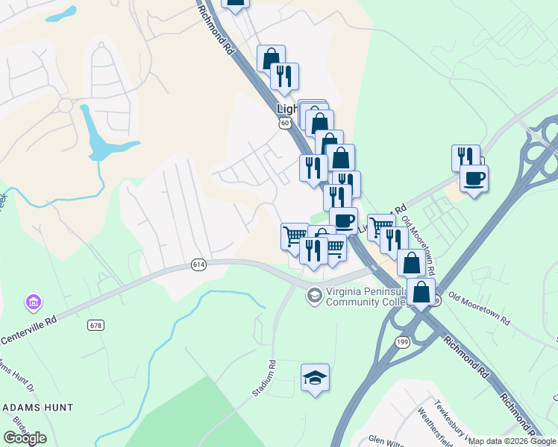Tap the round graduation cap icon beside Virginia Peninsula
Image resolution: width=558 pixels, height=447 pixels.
click(x=315, y=296)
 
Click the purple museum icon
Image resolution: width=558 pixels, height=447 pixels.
click(x=34, y=302)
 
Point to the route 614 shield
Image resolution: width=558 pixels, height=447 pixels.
click(x=198, y=264)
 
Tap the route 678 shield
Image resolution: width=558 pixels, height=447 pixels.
click(x=95, y=325)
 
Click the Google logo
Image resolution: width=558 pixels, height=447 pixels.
click(x=25, y=438)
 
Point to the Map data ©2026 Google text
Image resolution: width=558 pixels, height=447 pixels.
click(x=512, y=441)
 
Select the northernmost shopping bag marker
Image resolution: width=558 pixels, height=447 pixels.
click(x=271, y=58)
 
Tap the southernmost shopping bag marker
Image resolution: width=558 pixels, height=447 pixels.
click(x=421, y=291)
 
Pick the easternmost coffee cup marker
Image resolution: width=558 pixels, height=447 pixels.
click(x=474, y=178)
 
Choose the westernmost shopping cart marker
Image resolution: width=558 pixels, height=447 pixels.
click(x=294, y=235)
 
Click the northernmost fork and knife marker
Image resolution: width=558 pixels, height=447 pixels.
click(x=284, y=75)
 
